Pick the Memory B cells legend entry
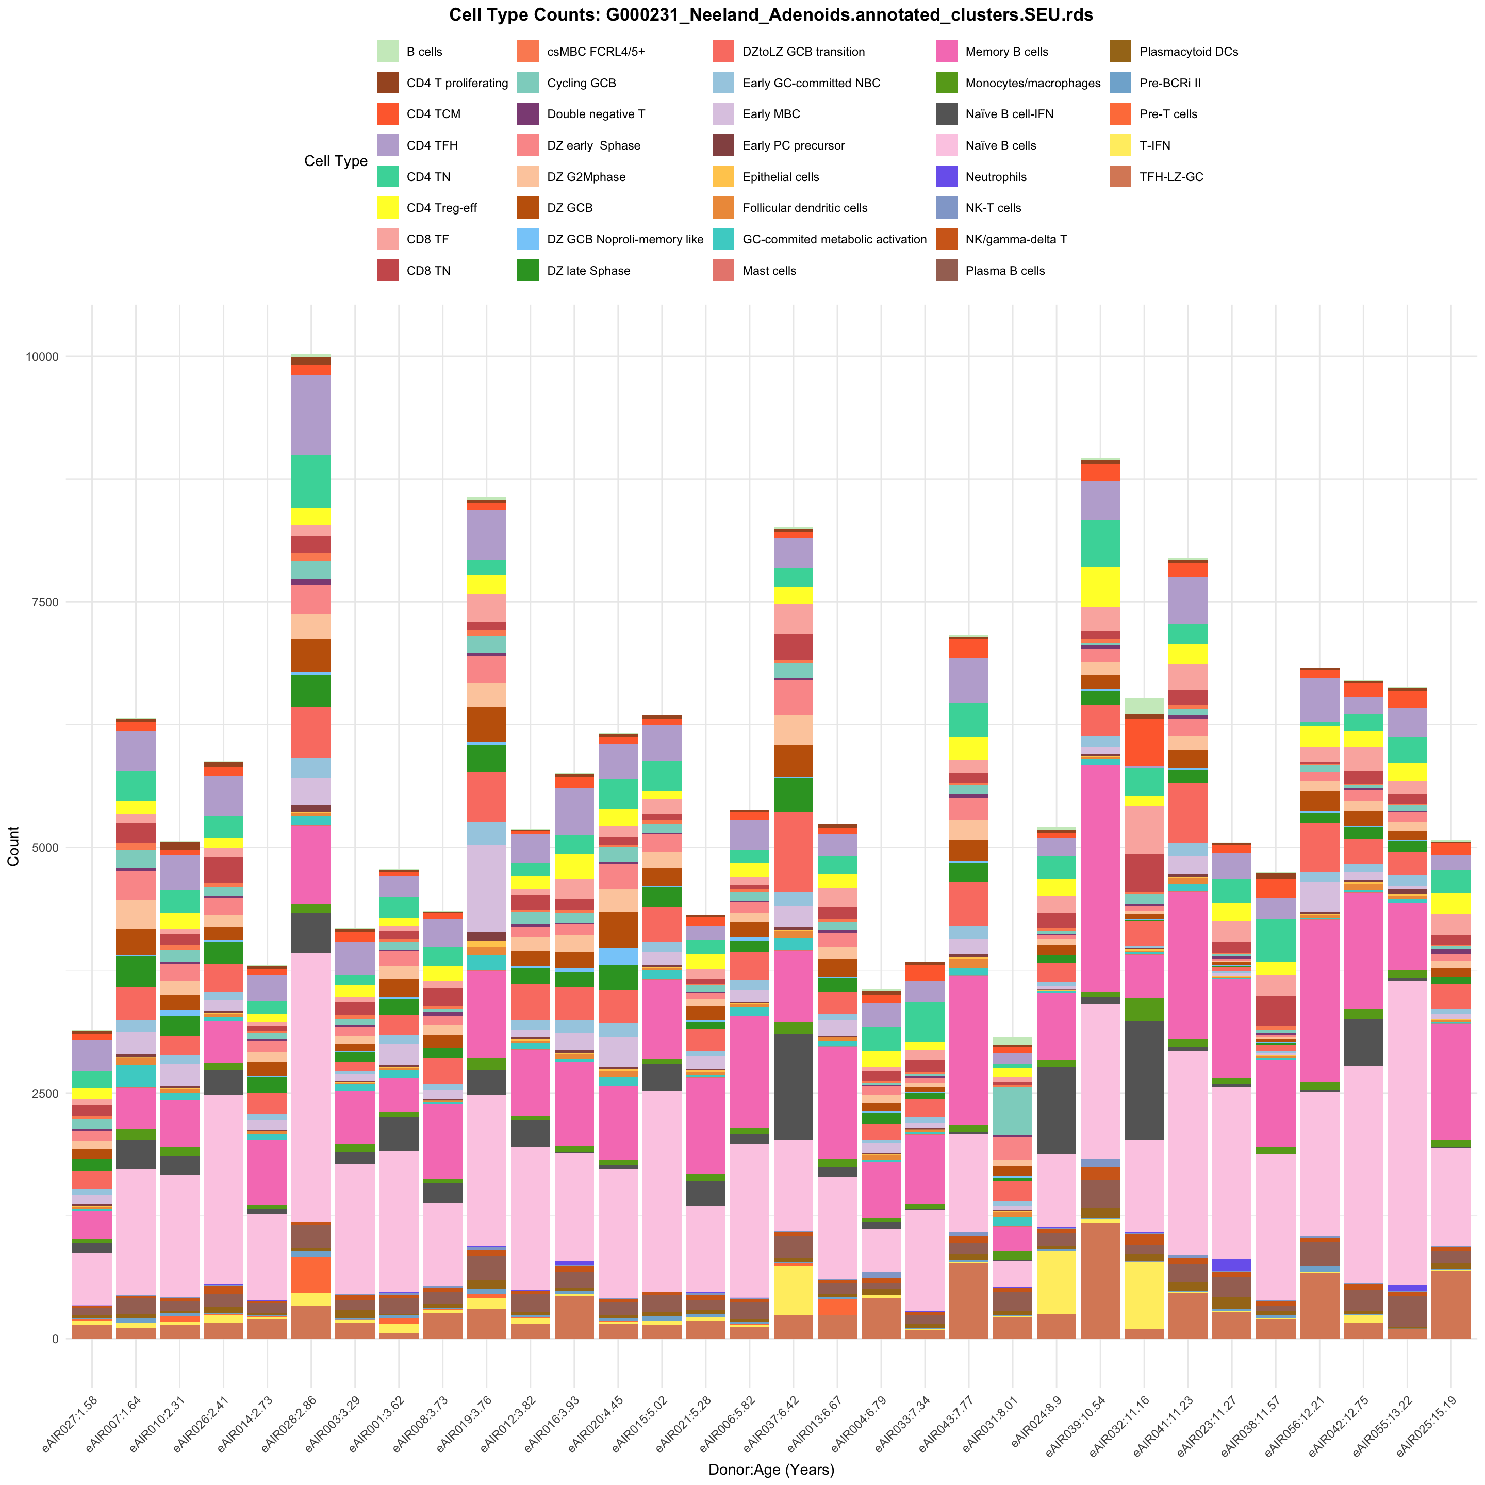click(1006, 52)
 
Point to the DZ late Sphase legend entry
click(588, 271)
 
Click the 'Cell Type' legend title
click(336, 161)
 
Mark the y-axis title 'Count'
click(14, 846)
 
